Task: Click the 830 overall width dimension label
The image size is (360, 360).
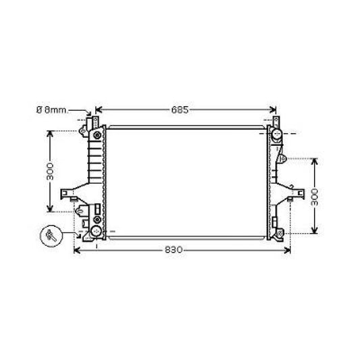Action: [x=175, y=250]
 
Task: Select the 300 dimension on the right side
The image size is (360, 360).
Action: [x=315, y=197]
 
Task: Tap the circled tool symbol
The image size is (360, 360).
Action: [x=51, y=235]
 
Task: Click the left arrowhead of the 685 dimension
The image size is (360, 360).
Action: [x=99, y=109]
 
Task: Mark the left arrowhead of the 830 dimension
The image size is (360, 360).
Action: [x=76, y=250]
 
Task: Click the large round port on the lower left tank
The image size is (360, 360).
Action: [x=96, y=232]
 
